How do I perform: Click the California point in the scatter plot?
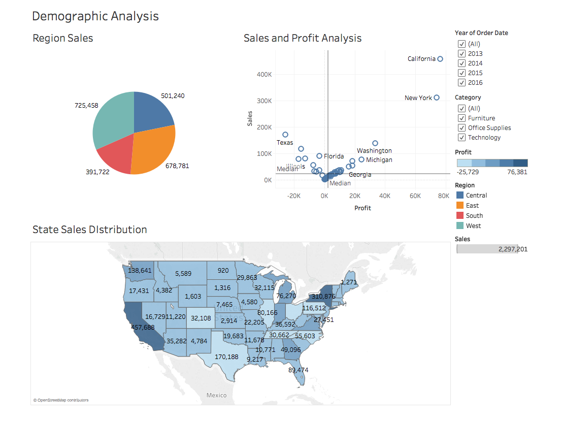(x=440, y=59)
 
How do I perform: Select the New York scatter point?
(x=437, y=98)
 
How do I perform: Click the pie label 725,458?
(x=86, y=106)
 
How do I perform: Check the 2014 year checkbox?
(x=461, y=63)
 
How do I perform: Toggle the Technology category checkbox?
(x=461, y=138)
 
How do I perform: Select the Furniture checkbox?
(x=461, y=118)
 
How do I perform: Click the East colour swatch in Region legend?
(x=460, y=206)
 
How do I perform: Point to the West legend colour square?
(x=460, y=226)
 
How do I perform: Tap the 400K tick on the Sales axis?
(x=264, y=75)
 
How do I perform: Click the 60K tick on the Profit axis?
(x=415, y=196)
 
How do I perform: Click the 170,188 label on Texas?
(x=226, y=357)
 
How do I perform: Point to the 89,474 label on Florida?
(x=298, y=370)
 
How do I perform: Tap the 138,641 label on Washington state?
(x=140, y=271)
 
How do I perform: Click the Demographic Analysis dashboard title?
(x=95, y=16)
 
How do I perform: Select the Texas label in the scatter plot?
(x=285, y=143)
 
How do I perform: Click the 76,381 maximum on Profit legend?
(x=517, y=172)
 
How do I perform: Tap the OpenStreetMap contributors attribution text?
(x=61, y=400)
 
